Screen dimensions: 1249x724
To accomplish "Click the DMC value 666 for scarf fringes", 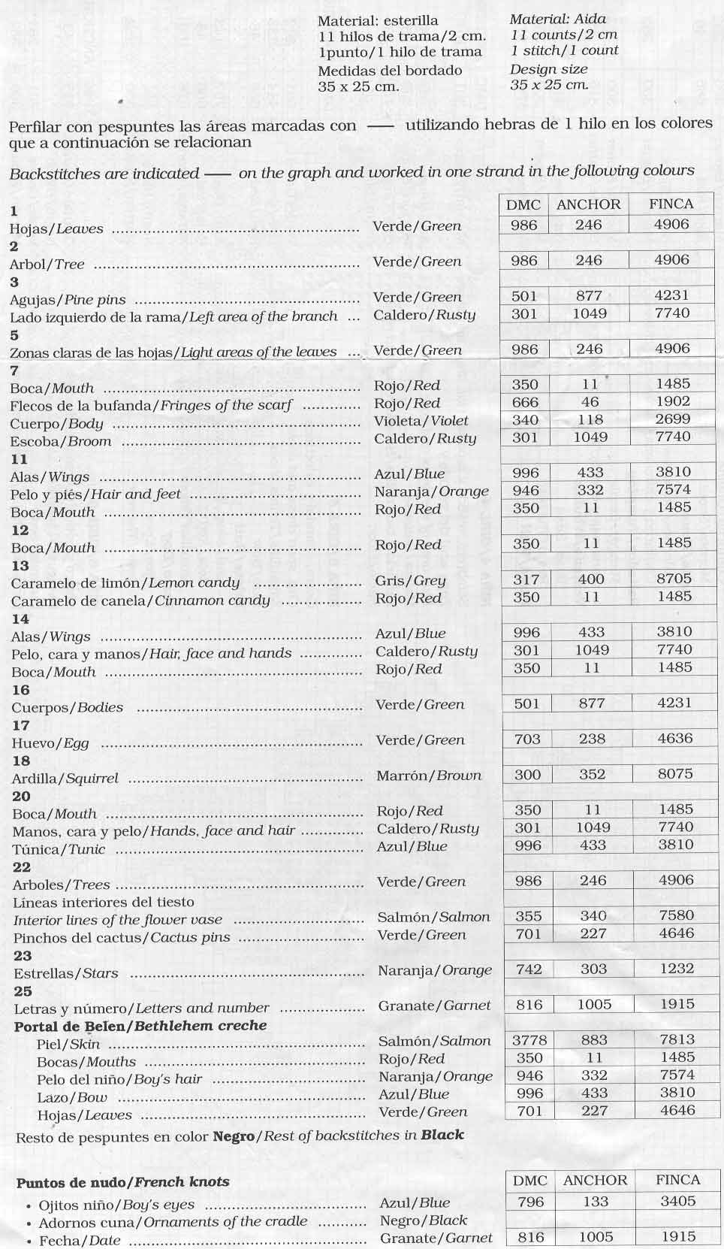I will click(525, 402).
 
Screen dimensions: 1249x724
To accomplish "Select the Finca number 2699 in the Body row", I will click(673, 420).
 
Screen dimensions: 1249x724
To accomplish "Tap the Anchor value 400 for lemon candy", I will click(590, 579).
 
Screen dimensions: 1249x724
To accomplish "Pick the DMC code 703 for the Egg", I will click(526, 739).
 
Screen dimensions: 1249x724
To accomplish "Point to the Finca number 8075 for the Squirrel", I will click(674, 774).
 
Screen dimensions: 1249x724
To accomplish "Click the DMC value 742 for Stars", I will click(529, 969).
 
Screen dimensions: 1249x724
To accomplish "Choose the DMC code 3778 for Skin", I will click(529, 1040).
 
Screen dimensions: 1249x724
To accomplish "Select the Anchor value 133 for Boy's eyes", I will click(595, 1202).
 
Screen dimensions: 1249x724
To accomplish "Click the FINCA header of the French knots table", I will click(677, 1180).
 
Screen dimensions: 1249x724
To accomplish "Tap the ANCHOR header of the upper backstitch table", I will click(589, 204).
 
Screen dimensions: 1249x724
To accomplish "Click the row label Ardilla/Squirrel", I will click(65, 779).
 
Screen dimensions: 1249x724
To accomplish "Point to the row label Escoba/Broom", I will click(61, 441).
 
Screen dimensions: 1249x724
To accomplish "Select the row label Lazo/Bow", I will click(72, 1097).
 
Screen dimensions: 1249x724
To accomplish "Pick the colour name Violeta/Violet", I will click(421, 421).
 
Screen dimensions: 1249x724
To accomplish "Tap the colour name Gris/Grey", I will click(410, 580).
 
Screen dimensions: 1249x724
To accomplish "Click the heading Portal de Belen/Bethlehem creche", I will click(140, 1026).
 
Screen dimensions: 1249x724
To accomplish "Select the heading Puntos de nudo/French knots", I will click(122, 1182).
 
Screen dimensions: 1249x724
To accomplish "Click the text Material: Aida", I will click(558, 20).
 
